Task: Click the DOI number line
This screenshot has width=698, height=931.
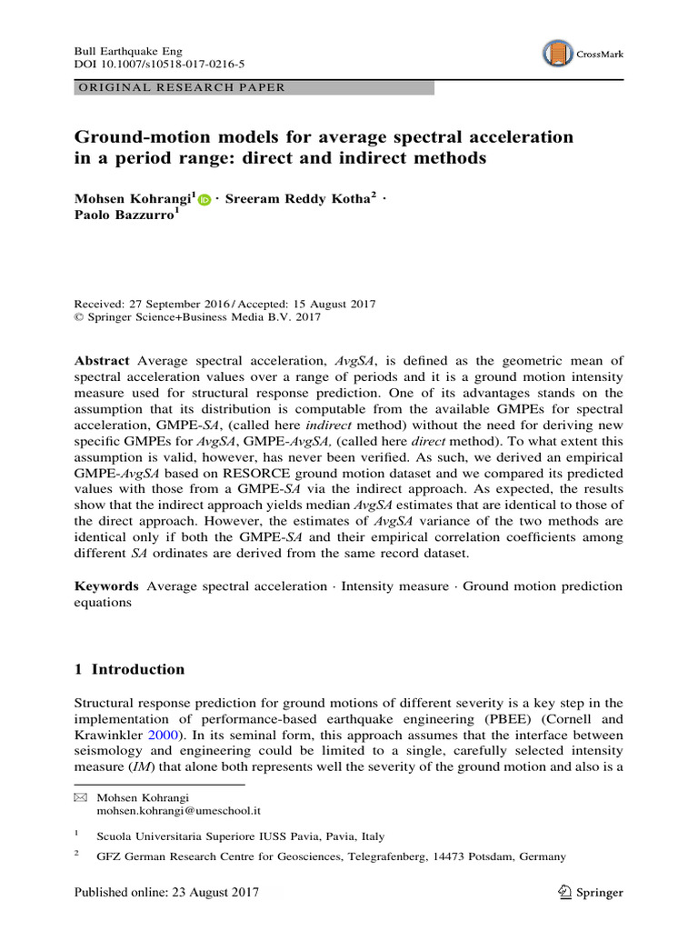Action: pos(159,65)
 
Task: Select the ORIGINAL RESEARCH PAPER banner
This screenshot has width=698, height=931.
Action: pos(254,88)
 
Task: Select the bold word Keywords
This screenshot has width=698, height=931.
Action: pos(106,586)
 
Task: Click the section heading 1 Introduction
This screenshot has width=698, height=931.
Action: pos(129,669)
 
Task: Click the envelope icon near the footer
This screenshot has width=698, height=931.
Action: pos(80,796)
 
